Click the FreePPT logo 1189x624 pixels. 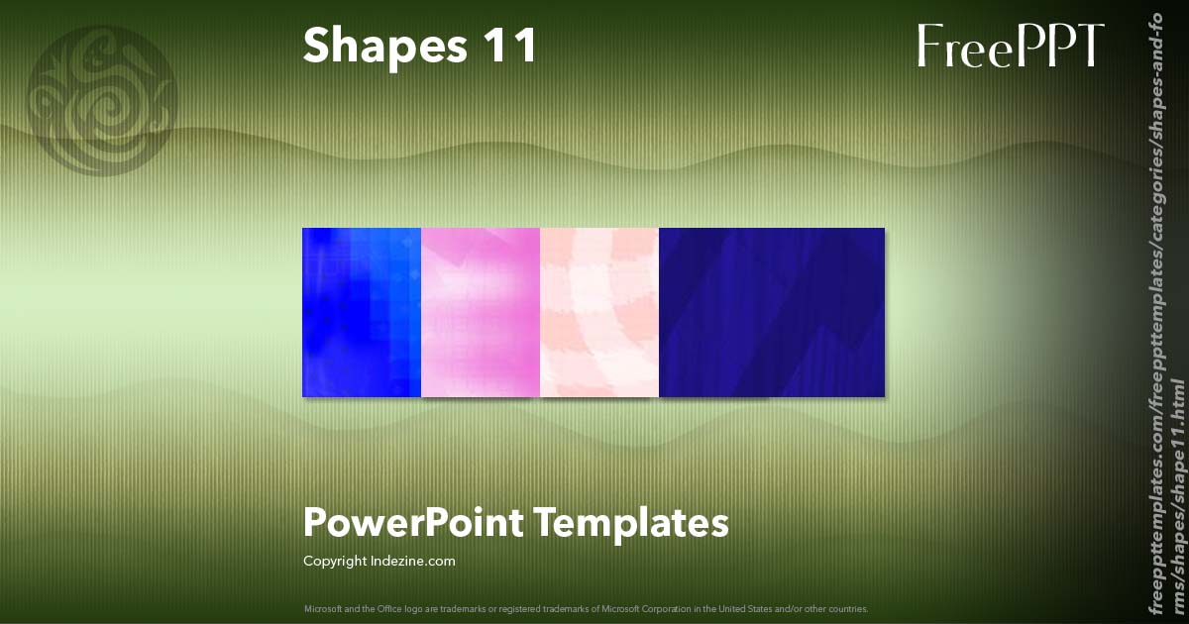(1010, 47)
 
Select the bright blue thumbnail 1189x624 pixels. (362, 312)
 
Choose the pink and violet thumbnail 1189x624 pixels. (481, 312)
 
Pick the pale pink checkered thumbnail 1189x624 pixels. (599, 312)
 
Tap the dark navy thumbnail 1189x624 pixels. (772, 312)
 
